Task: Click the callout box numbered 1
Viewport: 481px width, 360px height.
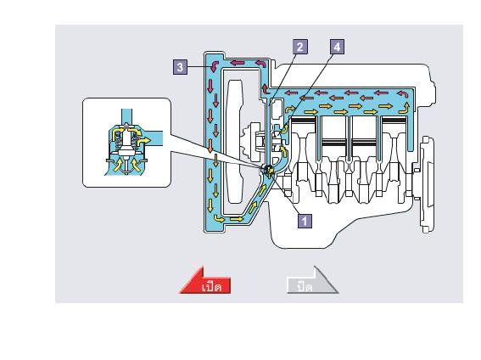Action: click(305, 221)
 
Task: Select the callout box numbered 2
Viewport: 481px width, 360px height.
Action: click(300, 47)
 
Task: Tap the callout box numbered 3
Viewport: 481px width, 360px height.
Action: click(181, 67)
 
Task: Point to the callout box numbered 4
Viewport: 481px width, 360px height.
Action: click(338, 47)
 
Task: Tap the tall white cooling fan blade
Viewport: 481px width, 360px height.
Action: click(235, 141)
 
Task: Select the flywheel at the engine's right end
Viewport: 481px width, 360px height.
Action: click(427, 185)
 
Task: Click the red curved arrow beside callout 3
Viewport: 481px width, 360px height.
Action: click(214, 65)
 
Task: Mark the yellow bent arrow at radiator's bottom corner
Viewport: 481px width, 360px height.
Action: click(219, 218)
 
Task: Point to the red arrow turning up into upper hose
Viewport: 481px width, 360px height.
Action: click(266, 89)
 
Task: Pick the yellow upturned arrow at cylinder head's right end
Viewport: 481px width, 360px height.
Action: click(405, 108)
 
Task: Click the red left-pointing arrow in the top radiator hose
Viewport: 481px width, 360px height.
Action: click(238, 63)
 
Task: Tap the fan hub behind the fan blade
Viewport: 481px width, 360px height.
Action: click(253, 142)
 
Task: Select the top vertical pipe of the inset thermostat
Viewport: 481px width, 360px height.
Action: click(126, 116)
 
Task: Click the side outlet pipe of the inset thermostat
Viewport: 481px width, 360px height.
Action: click(152, 138)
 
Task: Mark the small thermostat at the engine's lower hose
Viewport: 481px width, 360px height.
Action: click(267, 171)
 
